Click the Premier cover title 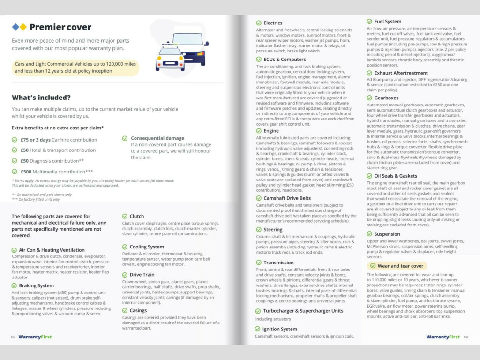tap(60, 27)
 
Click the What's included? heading tap(41, 97)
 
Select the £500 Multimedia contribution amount tap(26, 172)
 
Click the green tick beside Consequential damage tap(125, 138)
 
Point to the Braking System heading tap(37, 285)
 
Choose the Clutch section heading tap(137, 216)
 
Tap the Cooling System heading tap(147, 247)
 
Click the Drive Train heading tap(142, 274)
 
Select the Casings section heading tap(138, 310)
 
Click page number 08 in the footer tap(14, 337)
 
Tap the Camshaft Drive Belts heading tap(287, 198)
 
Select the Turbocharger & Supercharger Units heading tap(303, 311)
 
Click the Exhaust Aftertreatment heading tap(401, 73)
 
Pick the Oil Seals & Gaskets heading tap(396, 176)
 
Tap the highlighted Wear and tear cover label tap(400, 266)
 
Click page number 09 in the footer tap(465, 337)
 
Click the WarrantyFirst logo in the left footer tap(35, 337)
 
